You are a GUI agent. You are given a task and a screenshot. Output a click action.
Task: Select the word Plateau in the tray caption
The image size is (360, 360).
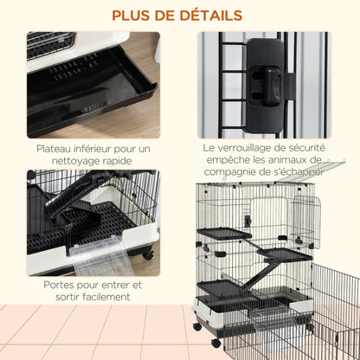(57, 148)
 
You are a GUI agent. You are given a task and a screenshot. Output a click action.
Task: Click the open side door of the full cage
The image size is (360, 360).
(306, 218)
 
